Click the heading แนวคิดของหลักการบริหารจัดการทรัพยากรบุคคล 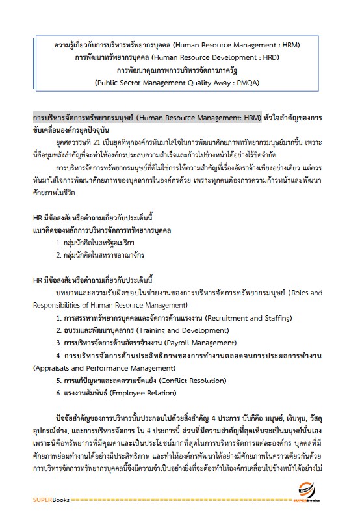tap(102, 230)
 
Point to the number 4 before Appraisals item tap(58, 356)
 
